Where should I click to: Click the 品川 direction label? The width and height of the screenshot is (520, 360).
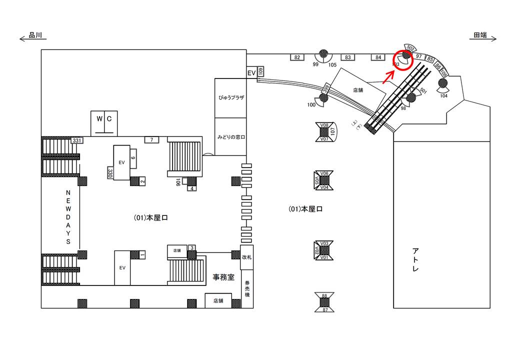coord(36,36)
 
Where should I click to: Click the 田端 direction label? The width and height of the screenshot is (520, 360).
coord(480,36)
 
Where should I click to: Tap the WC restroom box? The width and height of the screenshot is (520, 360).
coord(103,122)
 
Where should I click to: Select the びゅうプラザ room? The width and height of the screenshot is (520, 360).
coord(230,98)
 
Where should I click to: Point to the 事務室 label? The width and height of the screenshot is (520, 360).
coord(223,277)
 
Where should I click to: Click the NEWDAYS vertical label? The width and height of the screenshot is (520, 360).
coord(69,217)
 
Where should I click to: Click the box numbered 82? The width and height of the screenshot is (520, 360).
coord(297,57)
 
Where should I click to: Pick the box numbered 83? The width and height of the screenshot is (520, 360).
coord(349,57)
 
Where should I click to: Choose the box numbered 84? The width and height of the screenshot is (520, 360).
coord(378,57)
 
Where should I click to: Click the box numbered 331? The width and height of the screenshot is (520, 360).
coord(76,140)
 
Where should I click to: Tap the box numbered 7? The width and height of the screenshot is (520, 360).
coord(151,139)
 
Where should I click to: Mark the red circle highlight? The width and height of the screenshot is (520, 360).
coord(402,59)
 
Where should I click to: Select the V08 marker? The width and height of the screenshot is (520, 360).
coord(324,125)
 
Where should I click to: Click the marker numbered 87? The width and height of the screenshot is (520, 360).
coord(324,310)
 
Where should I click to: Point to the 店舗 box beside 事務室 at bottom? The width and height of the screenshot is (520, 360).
coord(218,300)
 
